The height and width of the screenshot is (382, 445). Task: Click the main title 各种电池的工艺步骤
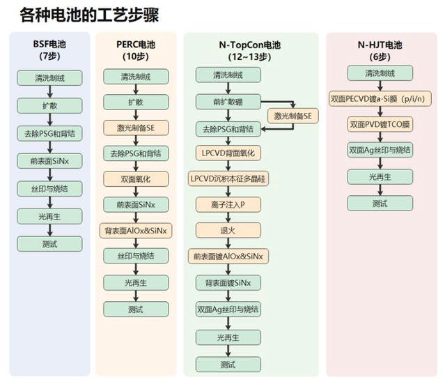point(93,14)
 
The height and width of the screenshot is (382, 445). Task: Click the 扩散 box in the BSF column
point(49,105)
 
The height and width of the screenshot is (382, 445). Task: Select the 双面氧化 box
point(136,178)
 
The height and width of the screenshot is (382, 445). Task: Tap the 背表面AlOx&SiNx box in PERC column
point(136,230)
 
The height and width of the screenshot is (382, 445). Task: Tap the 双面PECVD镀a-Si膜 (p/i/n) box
point(380,99)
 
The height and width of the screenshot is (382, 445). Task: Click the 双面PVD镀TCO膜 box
point(380,125)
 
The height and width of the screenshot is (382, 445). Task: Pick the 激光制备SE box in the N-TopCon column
point(292,116)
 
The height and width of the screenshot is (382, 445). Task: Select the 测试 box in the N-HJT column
point(380,204)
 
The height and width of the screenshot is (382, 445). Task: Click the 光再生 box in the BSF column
point(49,217)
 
